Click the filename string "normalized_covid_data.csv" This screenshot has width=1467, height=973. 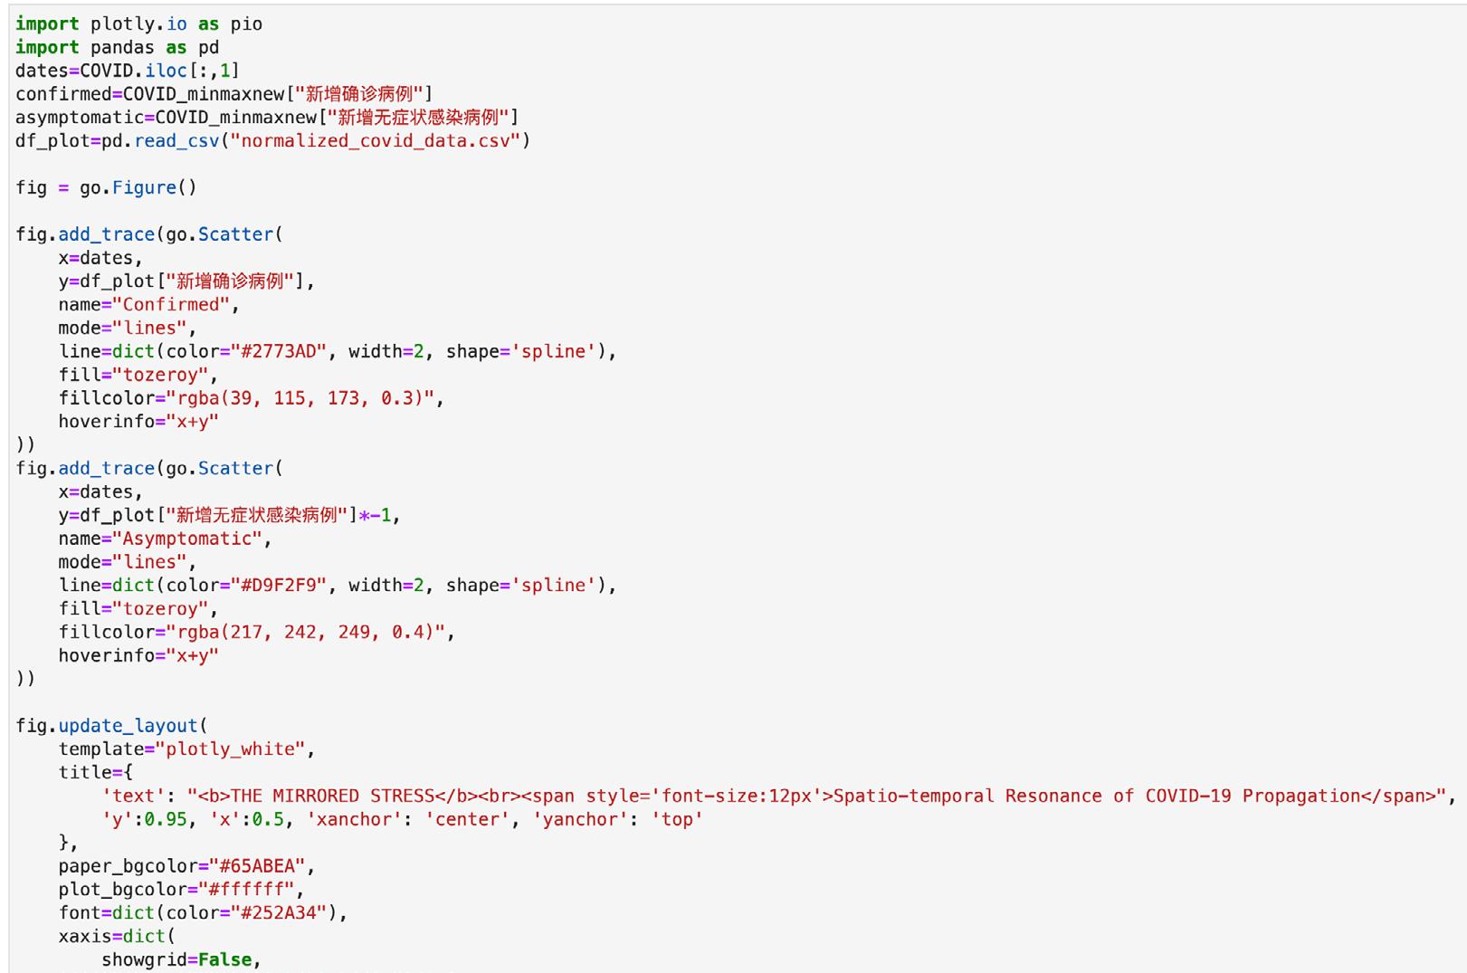click(x=376, y=140)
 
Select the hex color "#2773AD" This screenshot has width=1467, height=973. click(x=273, y=351)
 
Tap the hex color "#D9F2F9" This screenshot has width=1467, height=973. click(x=273, y=585)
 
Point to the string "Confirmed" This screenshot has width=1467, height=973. click(x=171, y=304)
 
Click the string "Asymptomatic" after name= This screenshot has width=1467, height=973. click(x=187, y=539)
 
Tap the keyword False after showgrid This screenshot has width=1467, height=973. click(x=224, y=959)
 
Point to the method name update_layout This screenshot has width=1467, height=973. click(x=128, y=725)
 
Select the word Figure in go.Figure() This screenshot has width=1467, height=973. click(x=144, y=187)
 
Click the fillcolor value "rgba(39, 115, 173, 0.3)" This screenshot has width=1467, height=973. click(x=300, y=397)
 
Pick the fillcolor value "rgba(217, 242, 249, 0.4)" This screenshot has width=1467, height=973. click(x=306, y=632)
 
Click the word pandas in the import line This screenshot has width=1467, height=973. click(x=122, y=47)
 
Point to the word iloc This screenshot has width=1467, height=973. click(x=166, y=71)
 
